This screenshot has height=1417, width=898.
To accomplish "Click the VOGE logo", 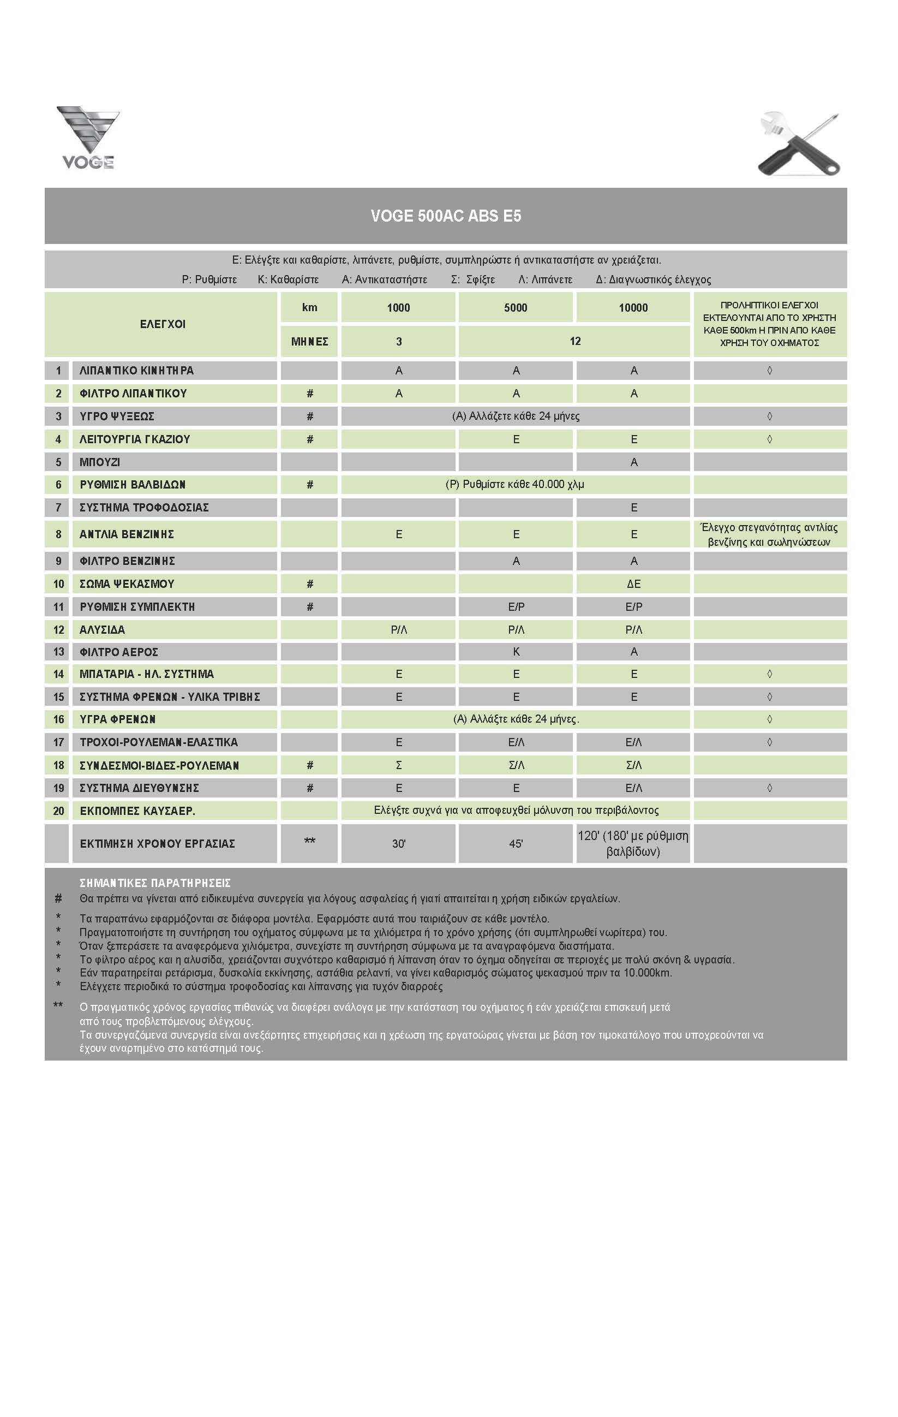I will (88, 138).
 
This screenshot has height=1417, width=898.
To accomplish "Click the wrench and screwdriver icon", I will (800, 144).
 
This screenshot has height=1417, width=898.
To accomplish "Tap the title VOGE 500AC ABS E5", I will (446, 216).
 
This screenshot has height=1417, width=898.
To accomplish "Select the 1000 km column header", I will (398, 308).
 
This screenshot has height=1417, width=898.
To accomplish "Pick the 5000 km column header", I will (515, 308).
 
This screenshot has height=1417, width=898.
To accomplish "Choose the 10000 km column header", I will (633, 308).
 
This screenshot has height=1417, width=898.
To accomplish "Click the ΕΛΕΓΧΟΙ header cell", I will (163, 324).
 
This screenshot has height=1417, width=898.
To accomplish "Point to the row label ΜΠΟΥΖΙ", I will (100, 462).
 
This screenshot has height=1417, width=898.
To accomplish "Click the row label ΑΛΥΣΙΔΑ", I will (103, 630).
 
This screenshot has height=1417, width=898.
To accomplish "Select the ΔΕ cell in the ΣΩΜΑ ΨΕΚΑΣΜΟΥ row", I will (633, 584).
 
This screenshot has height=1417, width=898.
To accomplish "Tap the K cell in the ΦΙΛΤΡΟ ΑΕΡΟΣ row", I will (516, 651).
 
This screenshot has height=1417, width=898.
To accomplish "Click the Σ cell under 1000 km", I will (399, 765).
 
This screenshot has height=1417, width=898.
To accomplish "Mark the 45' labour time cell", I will (516, 843).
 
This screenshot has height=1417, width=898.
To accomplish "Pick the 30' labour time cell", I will (399, 843).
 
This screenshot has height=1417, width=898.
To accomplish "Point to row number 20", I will (58, 811).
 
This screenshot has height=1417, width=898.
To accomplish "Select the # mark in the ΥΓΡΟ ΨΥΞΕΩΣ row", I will (310, 416).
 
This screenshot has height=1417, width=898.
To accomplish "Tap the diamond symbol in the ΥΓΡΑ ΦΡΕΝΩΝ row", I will (770, 719).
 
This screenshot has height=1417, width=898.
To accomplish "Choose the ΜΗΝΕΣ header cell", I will (309, 341).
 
